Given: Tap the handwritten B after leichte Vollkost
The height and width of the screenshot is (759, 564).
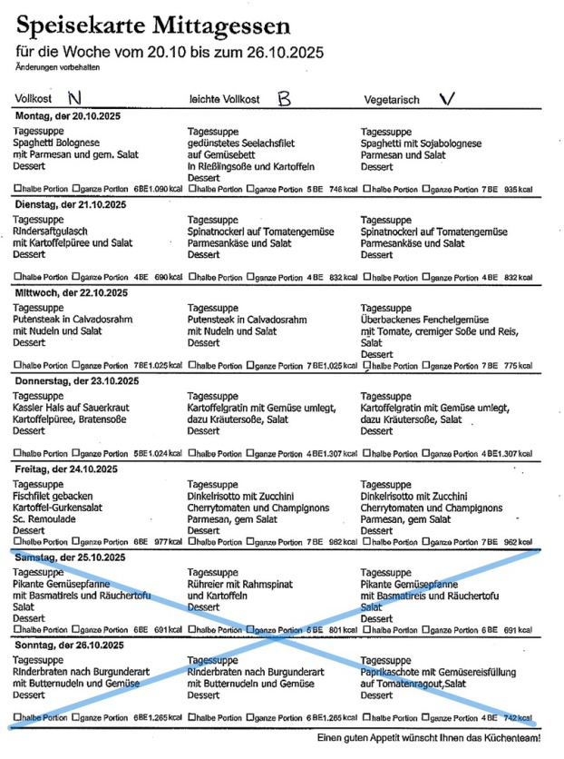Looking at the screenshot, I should click(284, 97).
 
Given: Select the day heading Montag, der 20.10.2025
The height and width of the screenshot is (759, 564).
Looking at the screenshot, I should click(68, 116).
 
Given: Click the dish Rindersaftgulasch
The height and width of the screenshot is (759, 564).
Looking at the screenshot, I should click(52, 232).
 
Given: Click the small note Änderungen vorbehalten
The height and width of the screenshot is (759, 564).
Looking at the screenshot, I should click(56, 67).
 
